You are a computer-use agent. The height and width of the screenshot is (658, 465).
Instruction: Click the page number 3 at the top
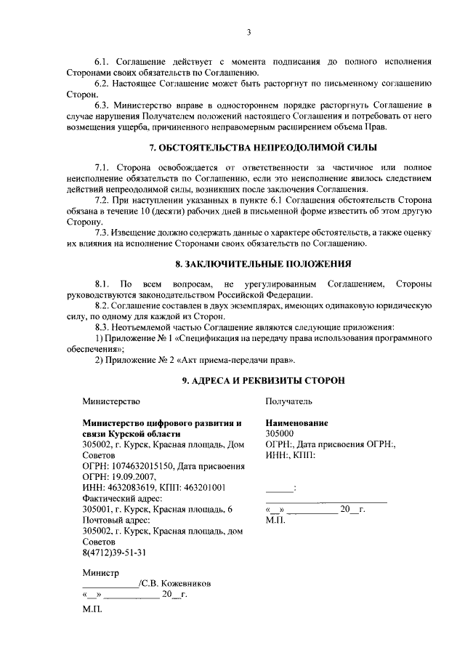coord(248,32)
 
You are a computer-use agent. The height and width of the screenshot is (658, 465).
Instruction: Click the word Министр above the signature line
coord(100,573)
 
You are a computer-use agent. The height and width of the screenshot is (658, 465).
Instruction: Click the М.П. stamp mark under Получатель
coord(275,521)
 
